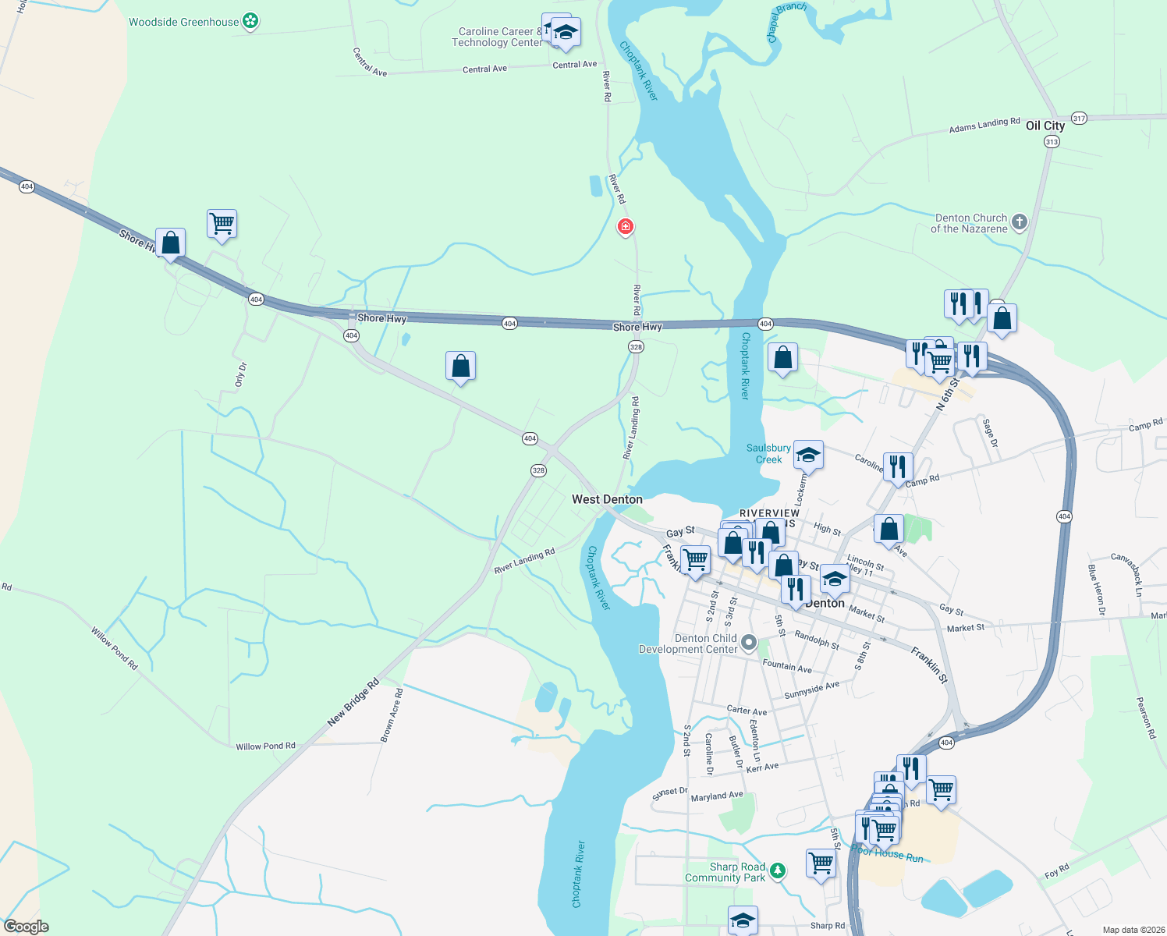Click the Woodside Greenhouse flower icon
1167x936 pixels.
pyautogui.click(x=250, y=22)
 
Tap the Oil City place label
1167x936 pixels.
pyautogui.click(x=1045, y=126)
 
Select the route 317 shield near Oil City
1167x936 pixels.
pyautogui.click(x=1079, y=119)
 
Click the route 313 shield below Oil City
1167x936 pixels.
pyautogui.click(x=1052, y=142)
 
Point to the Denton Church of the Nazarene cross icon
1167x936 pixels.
pyautogui.click(x=1019, y=223)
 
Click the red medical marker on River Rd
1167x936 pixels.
pyautogui.click(x=625, y=227)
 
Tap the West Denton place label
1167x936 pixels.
pyautogui.click(x=607, y=499)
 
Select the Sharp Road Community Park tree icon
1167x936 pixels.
pyautogui.click(x=777, y=871)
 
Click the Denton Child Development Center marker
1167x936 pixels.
pyautogui.click(x=749, y=643)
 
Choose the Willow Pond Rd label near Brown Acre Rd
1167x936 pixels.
pyautogui.click(x=265, y=746)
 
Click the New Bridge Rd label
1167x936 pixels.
pyautogui.click(x=353, y=702)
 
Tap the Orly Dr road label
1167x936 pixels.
pyautogui.click(x=240, y=374)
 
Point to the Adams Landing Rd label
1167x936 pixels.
pyautogui.click(x=984, y=125)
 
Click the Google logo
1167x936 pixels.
pyautogui.click(x=26, y=927)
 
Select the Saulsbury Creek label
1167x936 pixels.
pyautogui.click(x=768, y=453)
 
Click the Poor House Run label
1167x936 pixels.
pyautogui.click(x=888, y=854)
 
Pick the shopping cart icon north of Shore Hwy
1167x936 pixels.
pyautogui.click(x=222, y=224)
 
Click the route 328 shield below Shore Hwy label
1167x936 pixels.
pyautogui.click(x=636, y=347)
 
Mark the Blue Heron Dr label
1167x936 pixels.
pyautogui.click(x=1096, y=589)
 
